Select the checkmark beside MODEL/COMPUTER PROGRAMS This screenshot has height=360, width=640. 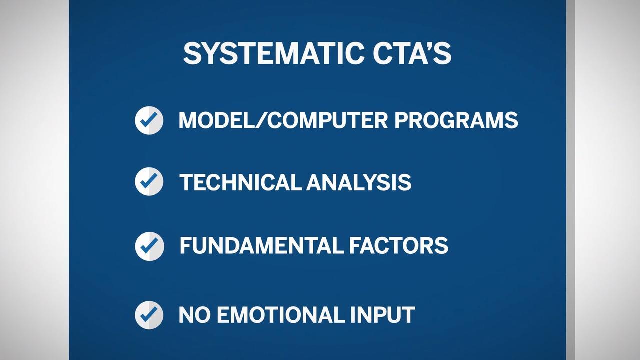point(149,120)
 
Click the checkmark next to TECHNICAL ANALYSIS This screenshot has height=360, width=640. point(149,181)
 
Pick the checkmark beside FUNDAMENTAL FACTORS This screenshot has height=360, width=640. point(149,246)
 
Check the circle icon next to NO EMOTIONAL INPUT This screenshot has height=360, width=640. point(149,315)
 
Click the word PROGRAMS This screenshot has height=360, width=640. point(456,120)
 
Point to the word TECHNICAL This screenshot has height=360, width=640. point(240,182)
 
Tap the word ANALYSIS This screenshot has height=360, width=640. point(359,182)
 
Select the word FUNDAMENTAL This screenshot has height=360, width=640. point(261,245)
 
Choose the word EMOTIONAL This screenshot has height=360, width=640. point(280,315)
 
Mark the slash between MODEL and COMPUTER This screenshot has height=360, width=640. point(254,120)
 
